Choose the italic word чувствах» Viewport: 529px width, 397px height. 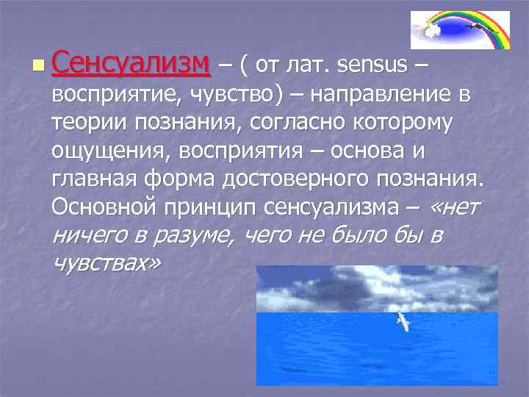point(105,263)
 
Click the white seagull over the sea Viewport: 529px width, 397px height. point(403,321)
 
